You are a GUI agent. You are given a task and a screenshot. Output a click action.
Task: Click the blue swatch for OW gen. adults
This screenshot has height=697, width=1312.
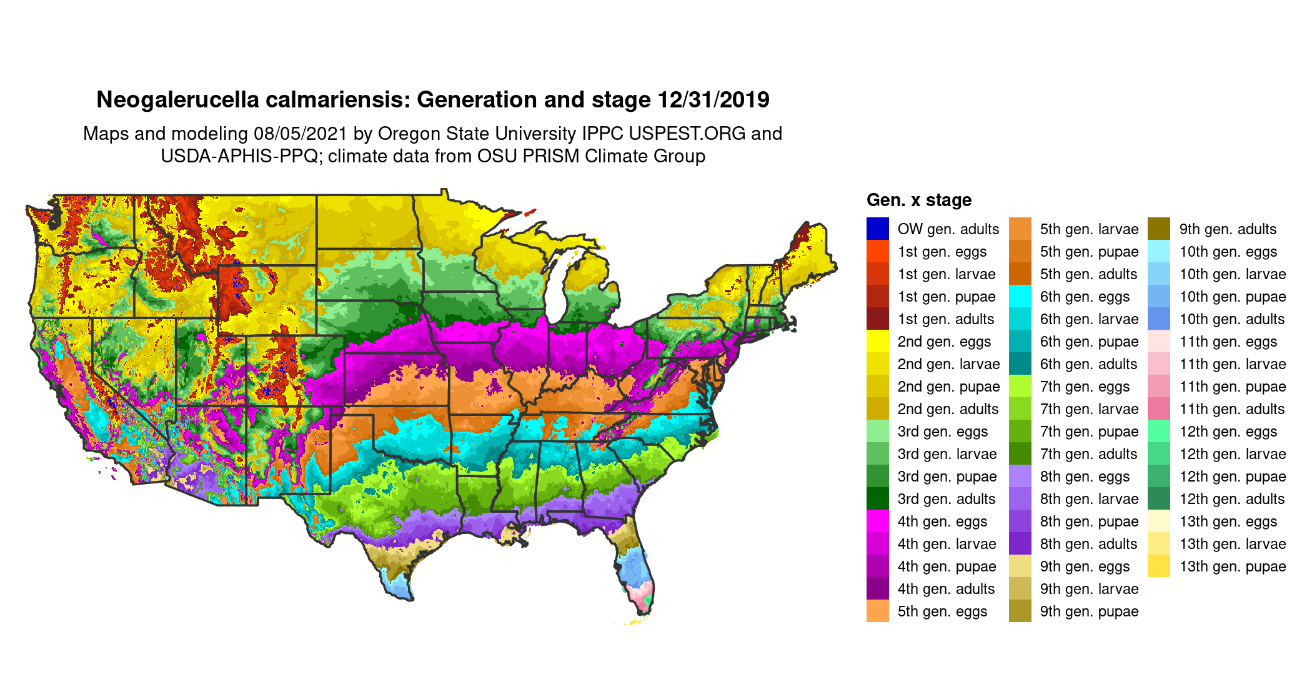tap(877, 229)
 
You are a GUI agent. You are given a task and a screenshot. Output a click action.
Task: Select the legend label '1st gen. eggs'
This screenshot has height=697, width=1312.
tap(942, 252)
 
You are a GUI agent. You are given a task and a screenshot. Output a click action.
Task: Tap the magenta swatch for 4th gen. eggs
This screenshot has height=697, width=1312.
tap(877, 521)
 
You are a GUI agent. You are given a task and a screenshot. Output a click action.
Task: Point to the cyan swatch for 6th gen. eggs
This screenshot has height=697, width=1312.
tap(1020, 296)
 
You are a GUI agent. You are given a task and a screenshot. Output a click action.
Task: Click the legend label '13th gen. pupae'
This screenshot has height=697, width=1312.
tap(1232, 566)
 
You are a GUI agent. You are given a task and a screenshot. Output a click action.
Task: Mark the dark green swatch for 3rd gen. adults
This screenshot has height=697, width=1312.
tap(877, 498)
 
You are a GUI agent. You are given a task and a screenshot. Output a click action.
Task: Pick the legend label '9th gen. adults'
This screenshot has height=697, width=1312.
tap(1227, 229)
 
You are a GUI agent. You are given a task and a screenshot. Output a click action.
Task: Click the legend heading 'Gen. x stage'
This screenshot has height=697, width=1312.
tap(918, 200)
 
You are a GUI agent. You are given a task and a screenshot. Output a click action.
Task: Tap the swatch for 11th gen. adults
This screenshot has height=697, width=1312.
tap(1159, 408)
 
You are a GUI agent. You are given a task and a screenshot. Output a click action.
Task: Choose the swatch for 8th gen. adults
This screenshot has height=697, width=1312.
tap(1020, 543)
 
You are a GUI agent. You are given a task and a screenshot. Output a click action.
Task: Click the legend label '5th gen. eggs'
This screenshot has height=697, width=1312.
tap(942, 611)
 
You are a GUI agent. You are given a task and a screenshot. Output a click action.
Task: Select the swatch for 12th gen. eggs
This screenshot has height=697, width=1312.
tap(1159, 431)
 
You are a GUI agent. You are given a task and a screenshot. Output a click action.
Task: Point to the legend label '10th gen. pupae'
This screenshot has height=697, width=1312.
tap(1232, 297)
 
